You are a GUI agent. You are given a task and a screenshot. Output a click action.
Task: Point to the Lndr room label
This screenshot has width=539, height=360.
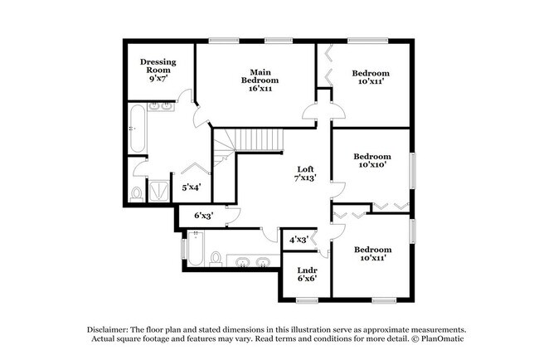point(296,270)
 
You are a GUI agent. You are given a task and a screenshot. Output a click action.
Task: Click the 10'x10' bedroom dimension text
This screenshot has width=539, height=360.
point(371,166)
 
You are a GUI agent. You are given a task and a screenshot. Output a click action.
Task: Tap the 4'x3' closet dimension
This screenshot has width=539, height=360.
point(299,240)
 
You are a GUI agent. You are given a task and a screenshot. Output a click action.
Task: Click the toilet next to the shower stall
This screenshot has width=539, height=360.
point(137,194)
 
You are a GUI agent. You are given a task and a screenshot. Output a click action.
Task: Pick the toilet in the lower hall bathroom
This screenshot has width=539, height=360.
point(217,260)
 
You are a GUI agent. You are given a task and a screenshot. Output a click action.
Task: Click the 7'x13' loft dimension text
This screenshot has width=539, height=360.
point(306,178)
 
